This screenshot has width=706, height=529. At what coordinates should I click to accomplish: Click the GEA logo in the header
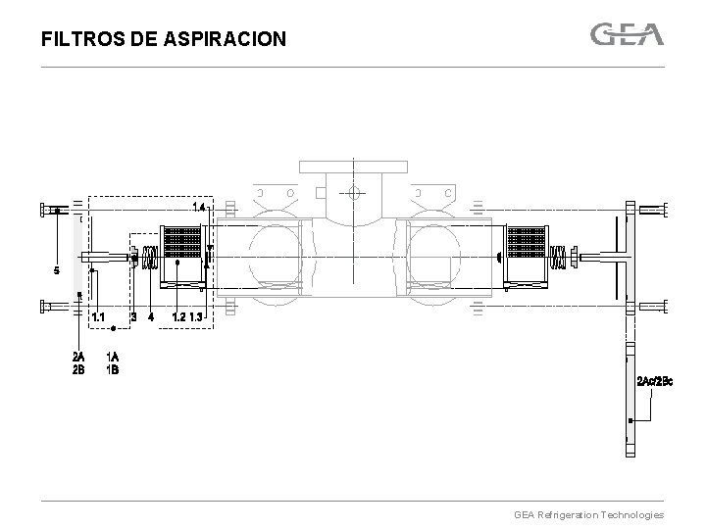click(x=627, y=34)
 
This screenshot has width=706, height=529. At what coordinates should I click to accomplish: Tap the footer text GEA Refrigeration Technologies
click(x=588, y=514)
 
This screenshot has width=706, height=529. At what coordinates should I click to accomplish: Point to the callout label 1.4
click(x=199, y=208)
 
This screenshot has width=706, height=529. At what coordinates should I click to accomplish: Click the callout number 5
click(x=57, y=270)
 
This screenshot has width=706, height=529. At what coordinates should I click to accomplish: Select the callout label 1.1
click(x=98, y=316)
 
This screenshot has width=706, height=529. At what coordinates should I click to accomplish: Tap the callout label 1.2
click(x=177, y=316)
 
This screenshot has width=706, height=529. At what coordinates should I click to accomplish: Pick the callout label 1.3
click(x=196, y=316)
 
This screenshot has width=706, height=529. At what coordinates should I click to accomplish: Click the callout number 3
click(x=133, y=316)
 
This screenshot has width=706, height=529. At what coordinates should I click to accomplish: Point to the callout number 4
click(x=150, y=316)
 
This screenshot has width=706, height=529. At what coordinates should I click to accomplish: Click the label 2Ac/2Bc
click(x=654, y=380)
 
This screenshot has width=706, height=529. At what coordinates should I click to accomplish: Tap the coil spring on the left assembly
click(x=150, y=258)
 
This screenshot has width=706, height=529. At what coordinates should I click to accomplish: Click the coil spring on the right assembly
click(x=558, y=258)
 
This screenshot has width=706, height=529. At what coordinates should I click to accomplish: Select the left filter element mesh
click(x=180, y=245)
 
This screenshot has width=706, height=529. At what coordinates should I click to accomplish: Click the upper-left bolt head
click(x=44, y=209)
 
